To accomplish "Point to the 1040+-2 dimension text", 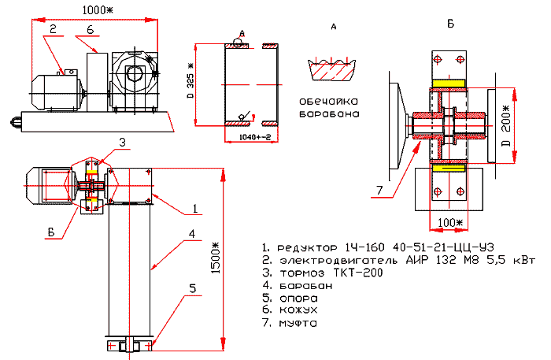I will [253, 137].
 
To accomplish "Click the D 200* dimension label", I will [506, 124].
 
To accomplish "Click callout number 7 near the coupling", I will [381, 189].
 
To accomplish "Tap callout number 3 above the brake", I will [123, 142].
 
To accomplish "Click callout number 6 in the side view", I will [90, 29].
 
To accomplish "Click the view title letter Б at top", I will [450, 24].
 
